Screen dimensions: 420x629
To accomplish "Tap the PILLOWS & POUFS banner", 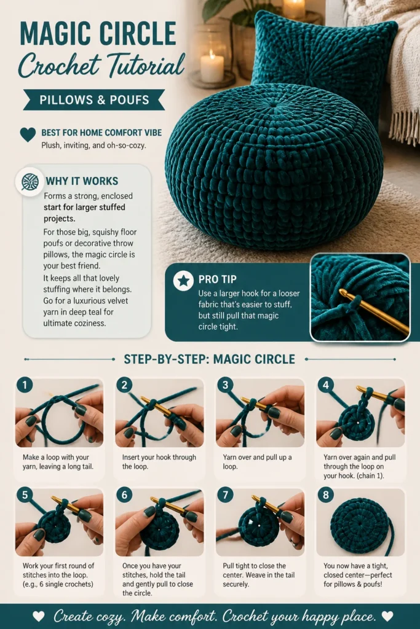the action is coord(94,100).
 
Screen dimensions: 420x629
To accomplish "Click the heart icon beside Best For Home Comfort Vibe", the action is coord(28,135).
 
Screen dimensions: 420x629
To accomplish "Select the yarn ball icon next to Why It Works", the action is coord(30,182).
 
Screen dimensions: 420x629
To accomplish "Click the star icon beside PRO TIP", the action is coord(183,280).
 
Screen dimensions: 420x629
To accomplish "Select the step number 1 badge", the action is coord(25,385).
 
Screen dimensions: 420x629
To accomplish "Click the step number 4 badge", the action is coord(326,385).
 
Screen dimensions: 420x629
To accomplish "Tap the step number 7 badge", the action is coord(225,495).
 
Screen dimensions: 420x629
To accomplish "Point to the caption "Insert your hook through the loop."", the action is coord(159,462).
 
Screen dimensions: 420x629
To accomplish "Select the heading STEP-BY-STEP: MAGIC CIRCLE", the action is coord(209,359).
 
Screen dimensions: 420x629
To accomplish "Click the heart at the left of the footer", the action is coord(39,615).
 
